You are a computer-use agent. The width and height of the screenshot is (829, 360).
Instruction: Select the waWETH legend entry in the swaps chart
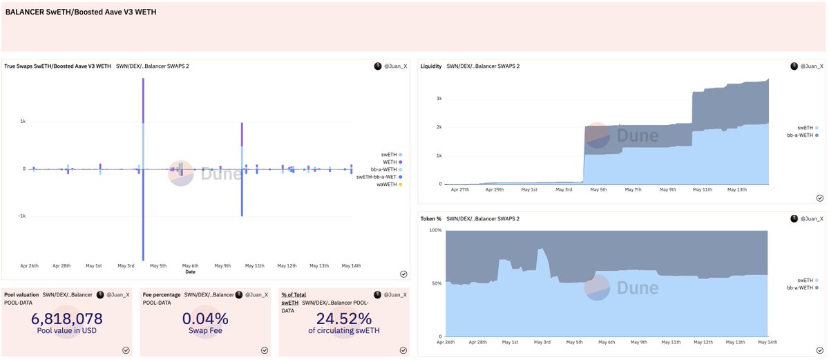385,184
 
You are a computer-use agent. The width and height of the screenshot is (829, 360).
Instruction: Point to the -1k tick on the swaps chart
21,216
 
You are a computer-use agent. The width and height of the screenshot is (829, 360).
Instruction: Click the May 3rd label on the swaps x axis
126,265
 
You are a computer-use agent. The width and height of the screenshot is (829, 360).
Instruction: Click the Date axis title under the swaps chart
190,272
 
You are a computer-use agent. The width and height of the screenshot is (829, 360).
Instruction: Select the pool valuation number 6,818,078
67,319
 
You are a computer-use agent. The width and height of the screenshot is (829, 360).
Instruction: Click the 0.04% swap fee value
205,319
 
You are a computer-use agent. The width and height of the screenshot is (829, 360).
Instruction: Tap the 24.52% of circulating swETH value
343,319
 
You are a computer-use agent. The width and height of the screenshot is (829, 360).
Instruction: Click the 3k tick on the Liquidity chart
438,98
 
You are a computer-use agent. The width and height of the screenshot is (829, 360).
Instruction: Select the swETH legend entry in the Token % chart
802,280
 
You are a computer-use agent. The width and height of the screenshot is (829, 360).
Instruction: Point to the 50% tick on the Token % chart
435,283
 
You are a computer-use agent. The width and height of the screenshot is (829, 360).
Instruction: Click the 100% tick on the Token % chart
434,230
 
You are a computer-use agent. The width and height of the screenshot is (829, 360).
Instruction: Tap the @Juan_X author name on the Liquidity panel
811,66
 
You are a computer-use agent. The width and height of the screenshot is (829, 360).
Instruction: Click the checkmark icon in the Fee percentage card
265,350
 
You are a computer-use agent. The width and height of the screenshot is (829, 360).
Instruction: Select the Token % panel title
431,218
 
